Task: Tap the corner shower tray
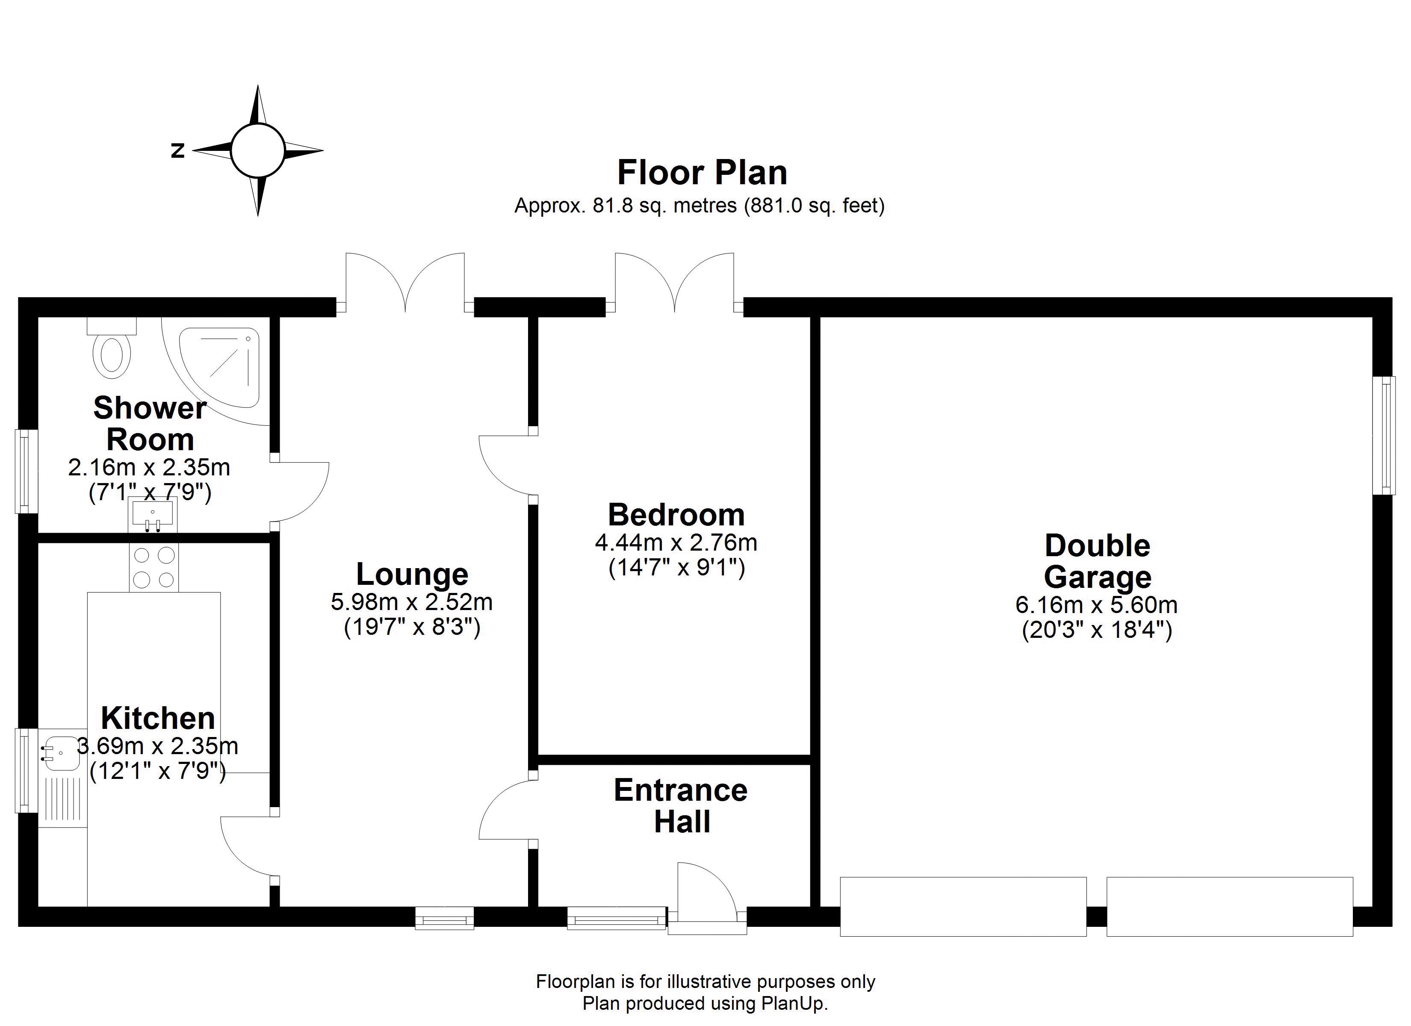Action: (219, 368)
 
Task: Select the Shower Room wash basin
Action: (152, 515)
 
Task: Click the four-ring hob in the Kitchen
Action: (153, 567)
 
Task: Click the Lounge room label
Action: (412, 574)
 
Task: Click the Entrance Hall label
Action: (681, 806)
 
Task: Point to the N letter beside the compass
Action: (178, 150)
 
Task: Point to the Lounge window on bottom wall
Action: (445, 918)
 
